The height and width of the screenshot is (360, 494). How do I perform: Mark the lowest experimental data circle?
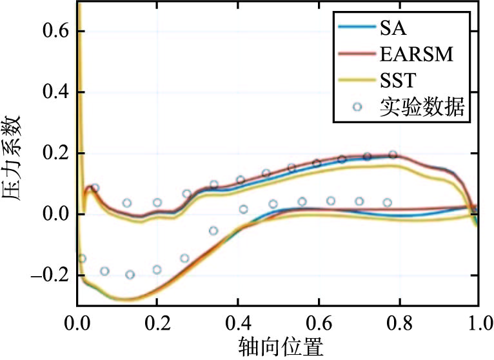click(x=130, y=275)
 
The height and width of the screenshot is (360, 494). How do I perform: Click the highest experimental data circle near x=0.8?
click(x=392, y=155)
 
